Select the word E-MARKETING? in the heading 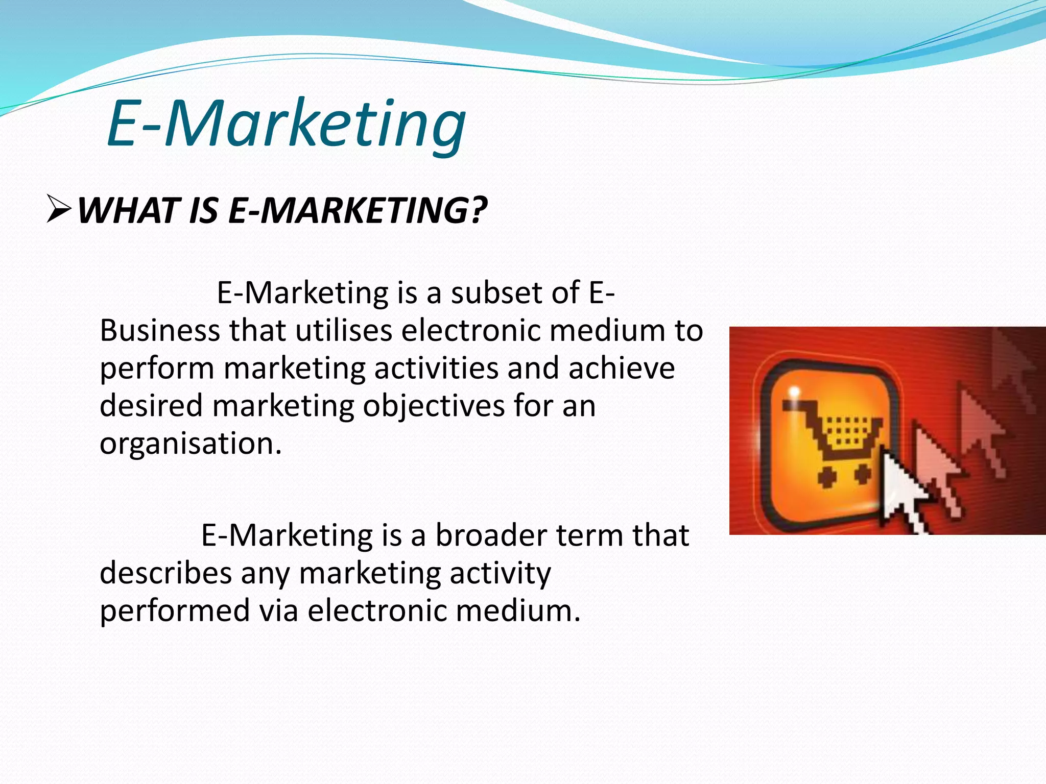358,211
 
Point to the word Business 159,331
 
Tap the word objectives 434,406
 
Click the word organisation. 190,443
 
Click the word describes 165,573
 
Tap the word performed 174,611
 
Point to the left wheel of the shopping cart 826,477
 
